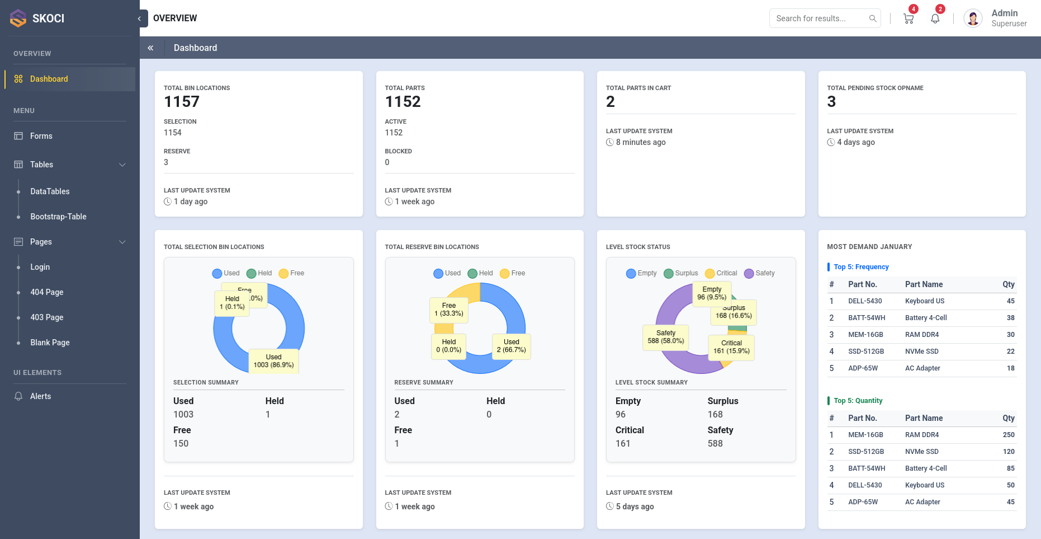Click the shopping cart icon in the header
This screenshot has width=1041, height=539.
pos(908,18)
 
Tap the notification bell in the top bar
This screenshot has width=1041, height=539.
pos(935,18)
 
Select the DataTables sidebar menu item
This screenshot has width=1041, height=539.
pos(50,191)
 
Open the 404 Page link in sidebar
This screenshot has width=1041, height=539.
pos(47,292)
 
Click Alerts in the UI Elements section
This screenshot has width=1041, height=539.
pos(40,396)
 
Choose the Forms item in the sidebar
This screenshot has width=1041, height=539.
pos(41,136)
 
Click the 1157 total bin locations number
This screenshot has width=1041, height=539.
pos(182,102)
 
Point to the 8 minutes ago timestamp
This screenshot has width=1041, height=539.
pos(641,142)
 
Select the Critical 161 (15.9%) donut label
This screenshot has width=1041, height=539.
pos(731,347)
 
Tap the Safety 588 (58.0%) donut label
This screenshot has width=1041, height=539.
pos(665,337)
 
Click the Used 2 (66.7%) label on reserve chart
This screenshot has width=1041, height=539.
pos(511,346)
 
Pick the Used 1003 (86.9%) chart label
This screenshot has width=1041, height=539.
pos(273,361)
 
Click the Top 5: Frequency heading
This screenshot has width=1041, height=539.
pos(861,267)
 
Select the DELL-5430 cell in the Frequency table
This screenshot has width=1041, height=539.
pos(865,301)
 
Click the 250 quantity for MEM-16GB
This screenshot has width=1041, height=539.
pos(1009,435)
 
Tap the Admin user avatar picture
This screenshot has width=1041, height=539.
pos(973,18)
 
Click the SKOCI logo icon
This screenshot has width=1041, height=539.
pos(18,18)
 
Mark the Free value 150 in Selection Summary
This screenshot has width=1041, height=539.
pos(181,443)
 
